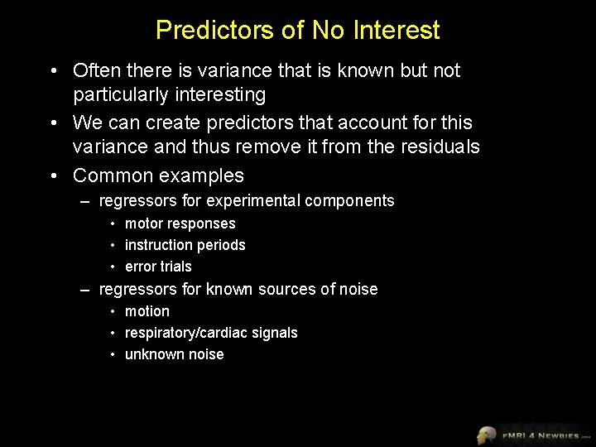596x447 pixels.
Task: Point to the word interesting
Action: click(x=214, y=95)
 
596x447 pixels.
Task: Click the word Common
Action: click(x=111, y=175)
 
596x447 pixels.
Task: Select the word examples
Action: click(x=206, y=175)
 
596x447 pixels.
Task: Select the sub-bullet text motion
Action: click(x=147, y=312)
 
